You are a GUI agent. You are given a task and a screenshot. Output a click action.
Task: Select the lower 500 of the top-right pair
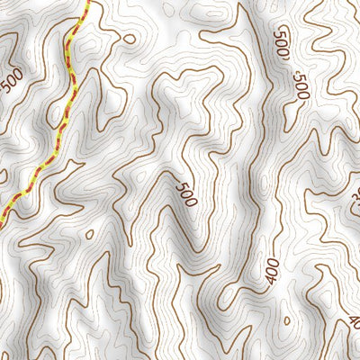click(x=301, y=87)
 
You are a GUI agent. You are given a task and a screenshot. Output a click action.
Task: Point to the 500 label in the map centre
click(x=187, y=194)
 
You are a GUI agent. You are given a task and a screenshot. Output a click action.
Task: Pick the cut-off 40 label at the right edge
click(x=354, y=321)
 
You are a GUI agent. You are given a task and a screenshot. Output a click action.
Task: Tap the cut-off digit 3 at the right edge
click(x=355, y=195)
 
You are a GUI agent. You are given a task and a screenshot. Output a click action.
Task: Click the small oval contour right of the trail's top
click(x=130, y=40)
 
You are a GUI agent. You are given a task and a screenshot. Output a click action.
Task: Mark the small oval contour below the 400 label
click(x=286, y=320)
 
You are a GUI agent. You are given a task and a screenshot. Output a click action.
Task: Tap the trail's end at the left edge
click(x=3, y=219)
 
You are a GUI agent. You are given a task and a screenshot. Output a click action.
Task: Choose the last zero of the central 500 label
click(x=192, y=202)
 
